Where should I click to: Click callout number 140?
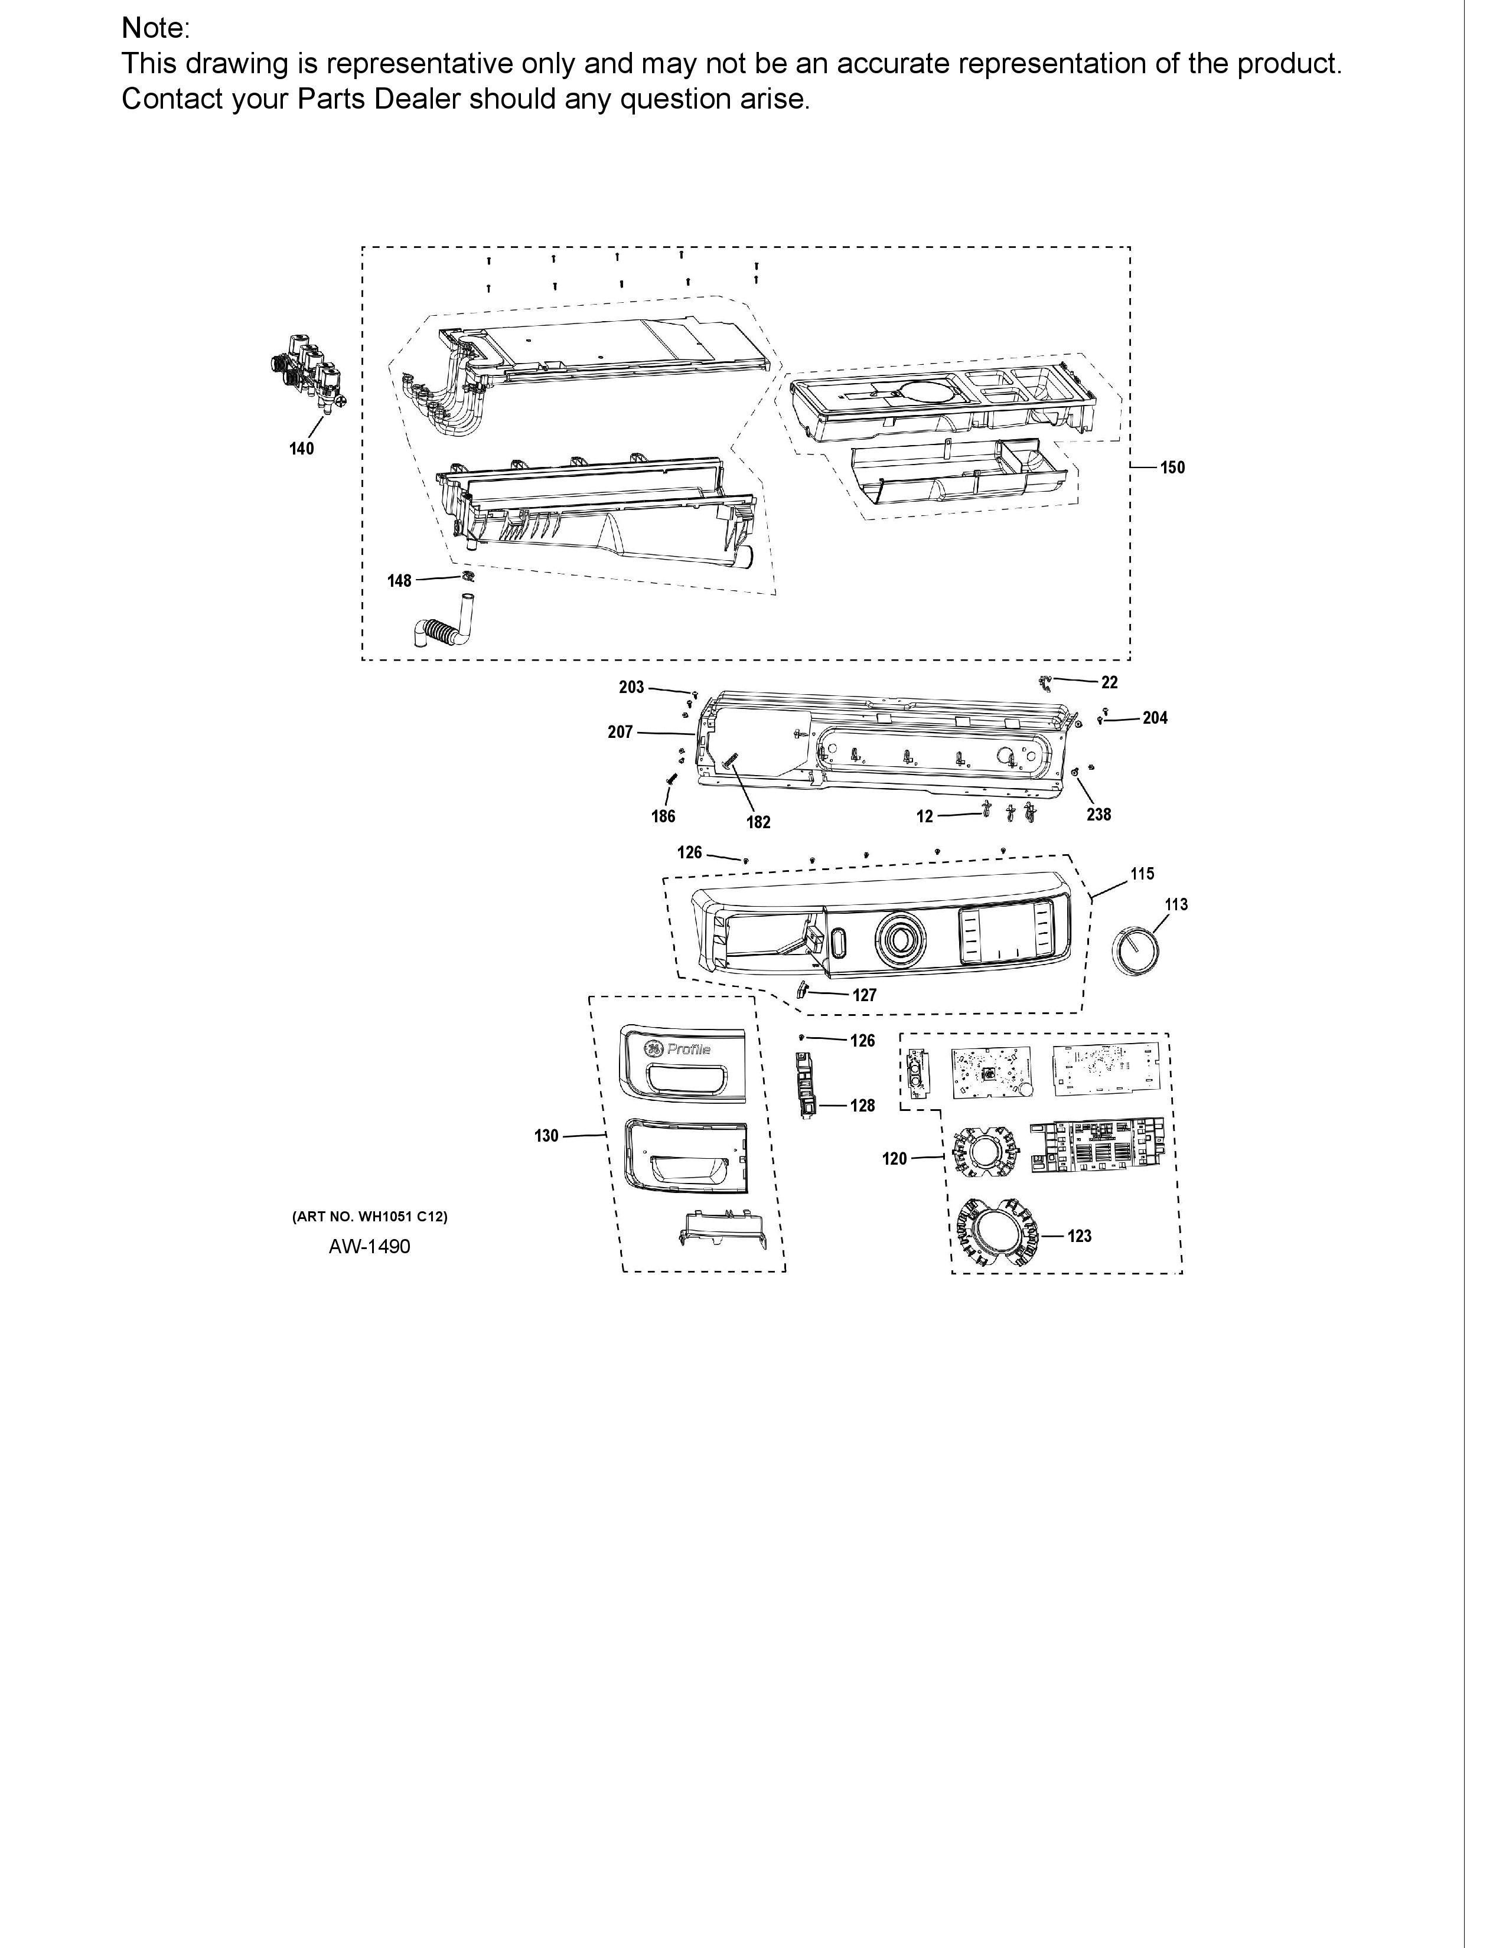[x=302, y=449]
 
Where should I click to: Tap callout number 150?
[x=1172, y=468]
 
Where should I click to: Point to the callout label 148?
[x=399, y=581]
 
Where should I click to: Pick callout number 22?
[x=1109, y=682]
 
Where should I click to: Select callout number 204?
[x=1155, y=718]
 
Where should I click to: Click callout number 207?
[x=620, y=733]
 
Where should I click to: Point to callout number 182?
[x=758, y=822]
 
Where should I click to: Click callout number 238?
[x=1098, y=815]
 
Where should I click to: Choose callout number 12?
[x=924, y=816]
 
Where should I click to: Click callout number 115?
[x=1142, y=874]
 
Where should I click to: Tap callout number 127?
[x=865, y=995]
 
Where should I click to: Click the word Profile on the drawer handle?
[x=689, y=1050]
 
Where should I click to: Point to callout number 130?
[x=546, y=1135]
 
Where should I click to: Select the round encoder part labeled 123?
[x=996, y=1233]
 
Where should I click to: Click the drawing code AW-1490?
[x=369, y=1246]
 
